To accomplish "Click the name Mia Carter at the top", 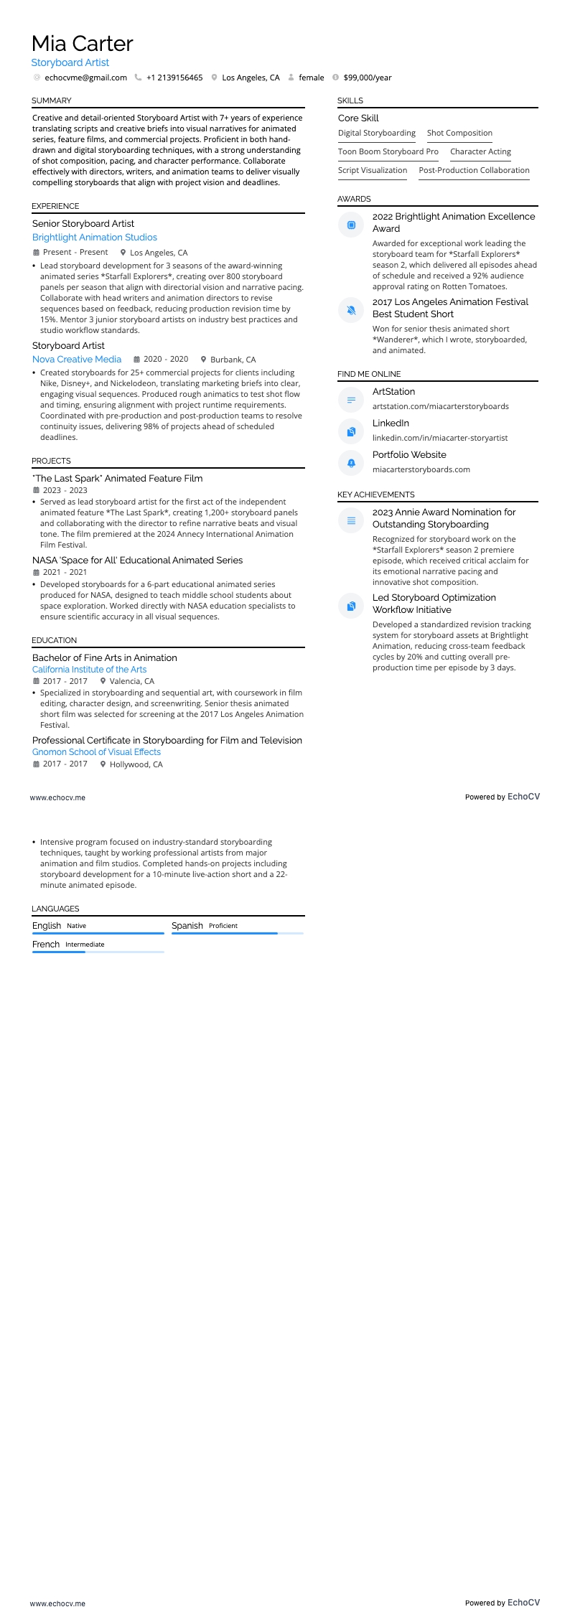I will coord(83,44).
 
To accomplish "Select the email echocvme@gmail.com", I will coord(85,78).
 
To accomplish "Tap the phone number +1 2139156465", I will coord(174,78).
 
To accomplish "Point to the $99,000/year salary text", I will coord(367,78).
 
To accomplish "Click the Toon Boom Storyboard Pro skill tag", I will coord(388,151).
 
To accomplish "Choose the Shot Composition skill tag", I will coord(459,133).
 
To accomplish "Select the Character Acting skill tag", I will coord(480,151).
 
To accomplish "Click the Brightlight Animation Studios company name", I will coord(94,237).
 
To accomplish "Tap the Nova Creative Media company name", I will coord(77,359).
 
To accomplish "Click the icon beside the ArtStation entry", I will coord(351,400).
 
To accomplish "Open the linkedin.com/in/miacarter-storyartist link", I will coord(439,438).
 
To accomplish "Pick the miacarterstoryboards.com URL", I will coord(421,469).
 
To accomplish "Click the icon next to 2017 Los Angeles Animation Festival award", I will coord(351,310).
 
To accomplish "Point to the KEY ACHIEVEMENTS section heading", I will coord(375,495).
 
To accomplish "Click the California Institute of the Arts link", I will coord(89,669).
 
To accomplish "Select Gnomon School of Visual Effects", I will coord(96,751).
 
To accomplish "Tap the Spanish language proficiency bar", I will coord(237,933).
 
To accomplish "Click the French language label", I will coord(46,944).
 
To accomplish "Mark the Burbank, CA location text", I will coord(233,360).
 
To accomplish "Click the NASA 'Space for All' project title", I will coord(137,560).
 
